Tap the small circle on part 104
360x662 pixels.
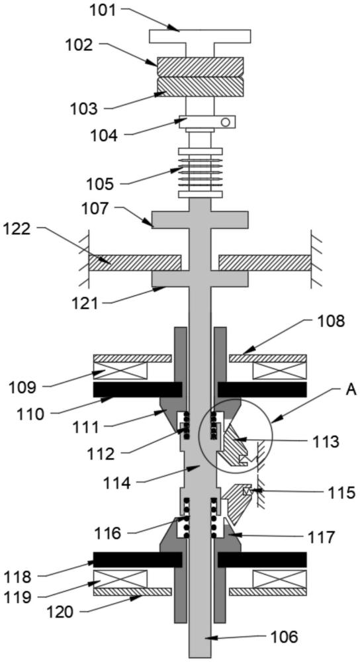pos(226,122)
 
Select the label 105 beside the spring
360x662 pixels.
pos(101,185)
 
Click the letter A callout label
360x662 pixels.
pos(351,390)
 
